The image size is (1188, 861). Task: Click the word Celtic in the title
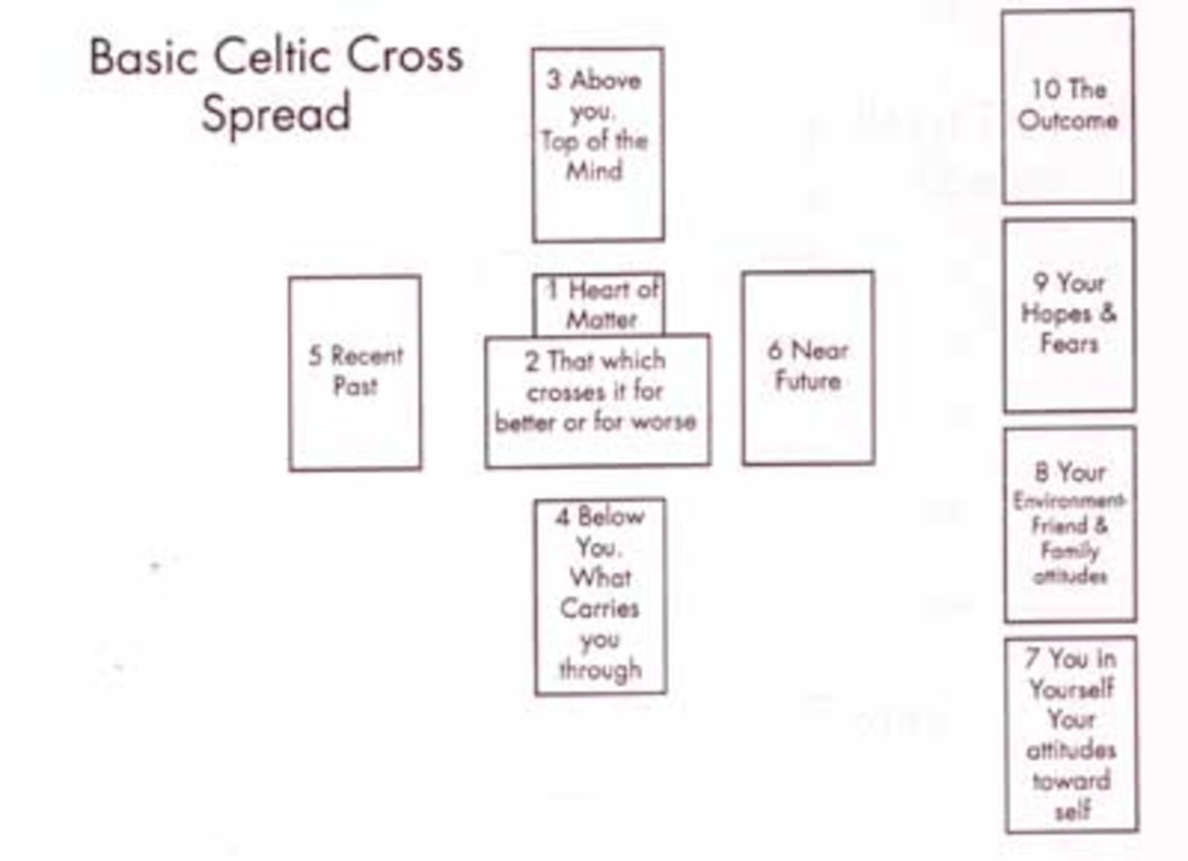pyautogui.click(x=262, y=57)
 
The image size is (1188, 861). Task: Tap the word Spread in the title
pyautogui.click(x=276, y=114)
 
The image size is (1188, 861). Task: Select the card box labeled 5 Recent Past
pyautogui.click(x=354, y=372)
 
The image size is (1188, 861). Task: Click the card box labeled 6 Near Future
pyautogui.click(x=808, y=367)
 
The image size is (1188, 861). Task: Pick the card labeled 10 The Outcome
pyautogui.click(x=1068, y=106)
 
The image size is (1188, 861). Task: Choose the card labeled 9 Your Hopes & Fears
pyautogui.click(x=1069, y=315)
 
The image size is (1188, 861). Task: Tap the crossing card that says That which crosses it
pyautogui.click(x=597, y=400)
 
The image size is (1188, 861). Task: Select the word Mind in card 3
pyautogui.click(x=595, y=170)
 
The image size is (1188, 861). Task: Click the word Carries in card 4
pyautogui.click(x=599, y=608)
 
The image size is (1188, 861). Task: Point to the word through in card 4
pyautogui.click(x=599, y=670)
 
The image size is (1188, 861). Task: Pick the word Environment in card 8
pyautogui.click(x=1069, y=501)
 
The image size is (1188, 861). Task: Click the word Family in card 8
pyautogui.click(x=1069, y=550)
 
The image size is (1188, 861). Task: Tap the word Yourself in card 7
pyautogui.click(x=1070, y=689)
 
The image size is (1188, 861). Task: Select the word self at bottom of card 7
pyautogui.click(x=1071, y=812)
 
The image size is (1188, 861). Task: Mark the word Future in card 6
pyautogui.click(x=808, y=382)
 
